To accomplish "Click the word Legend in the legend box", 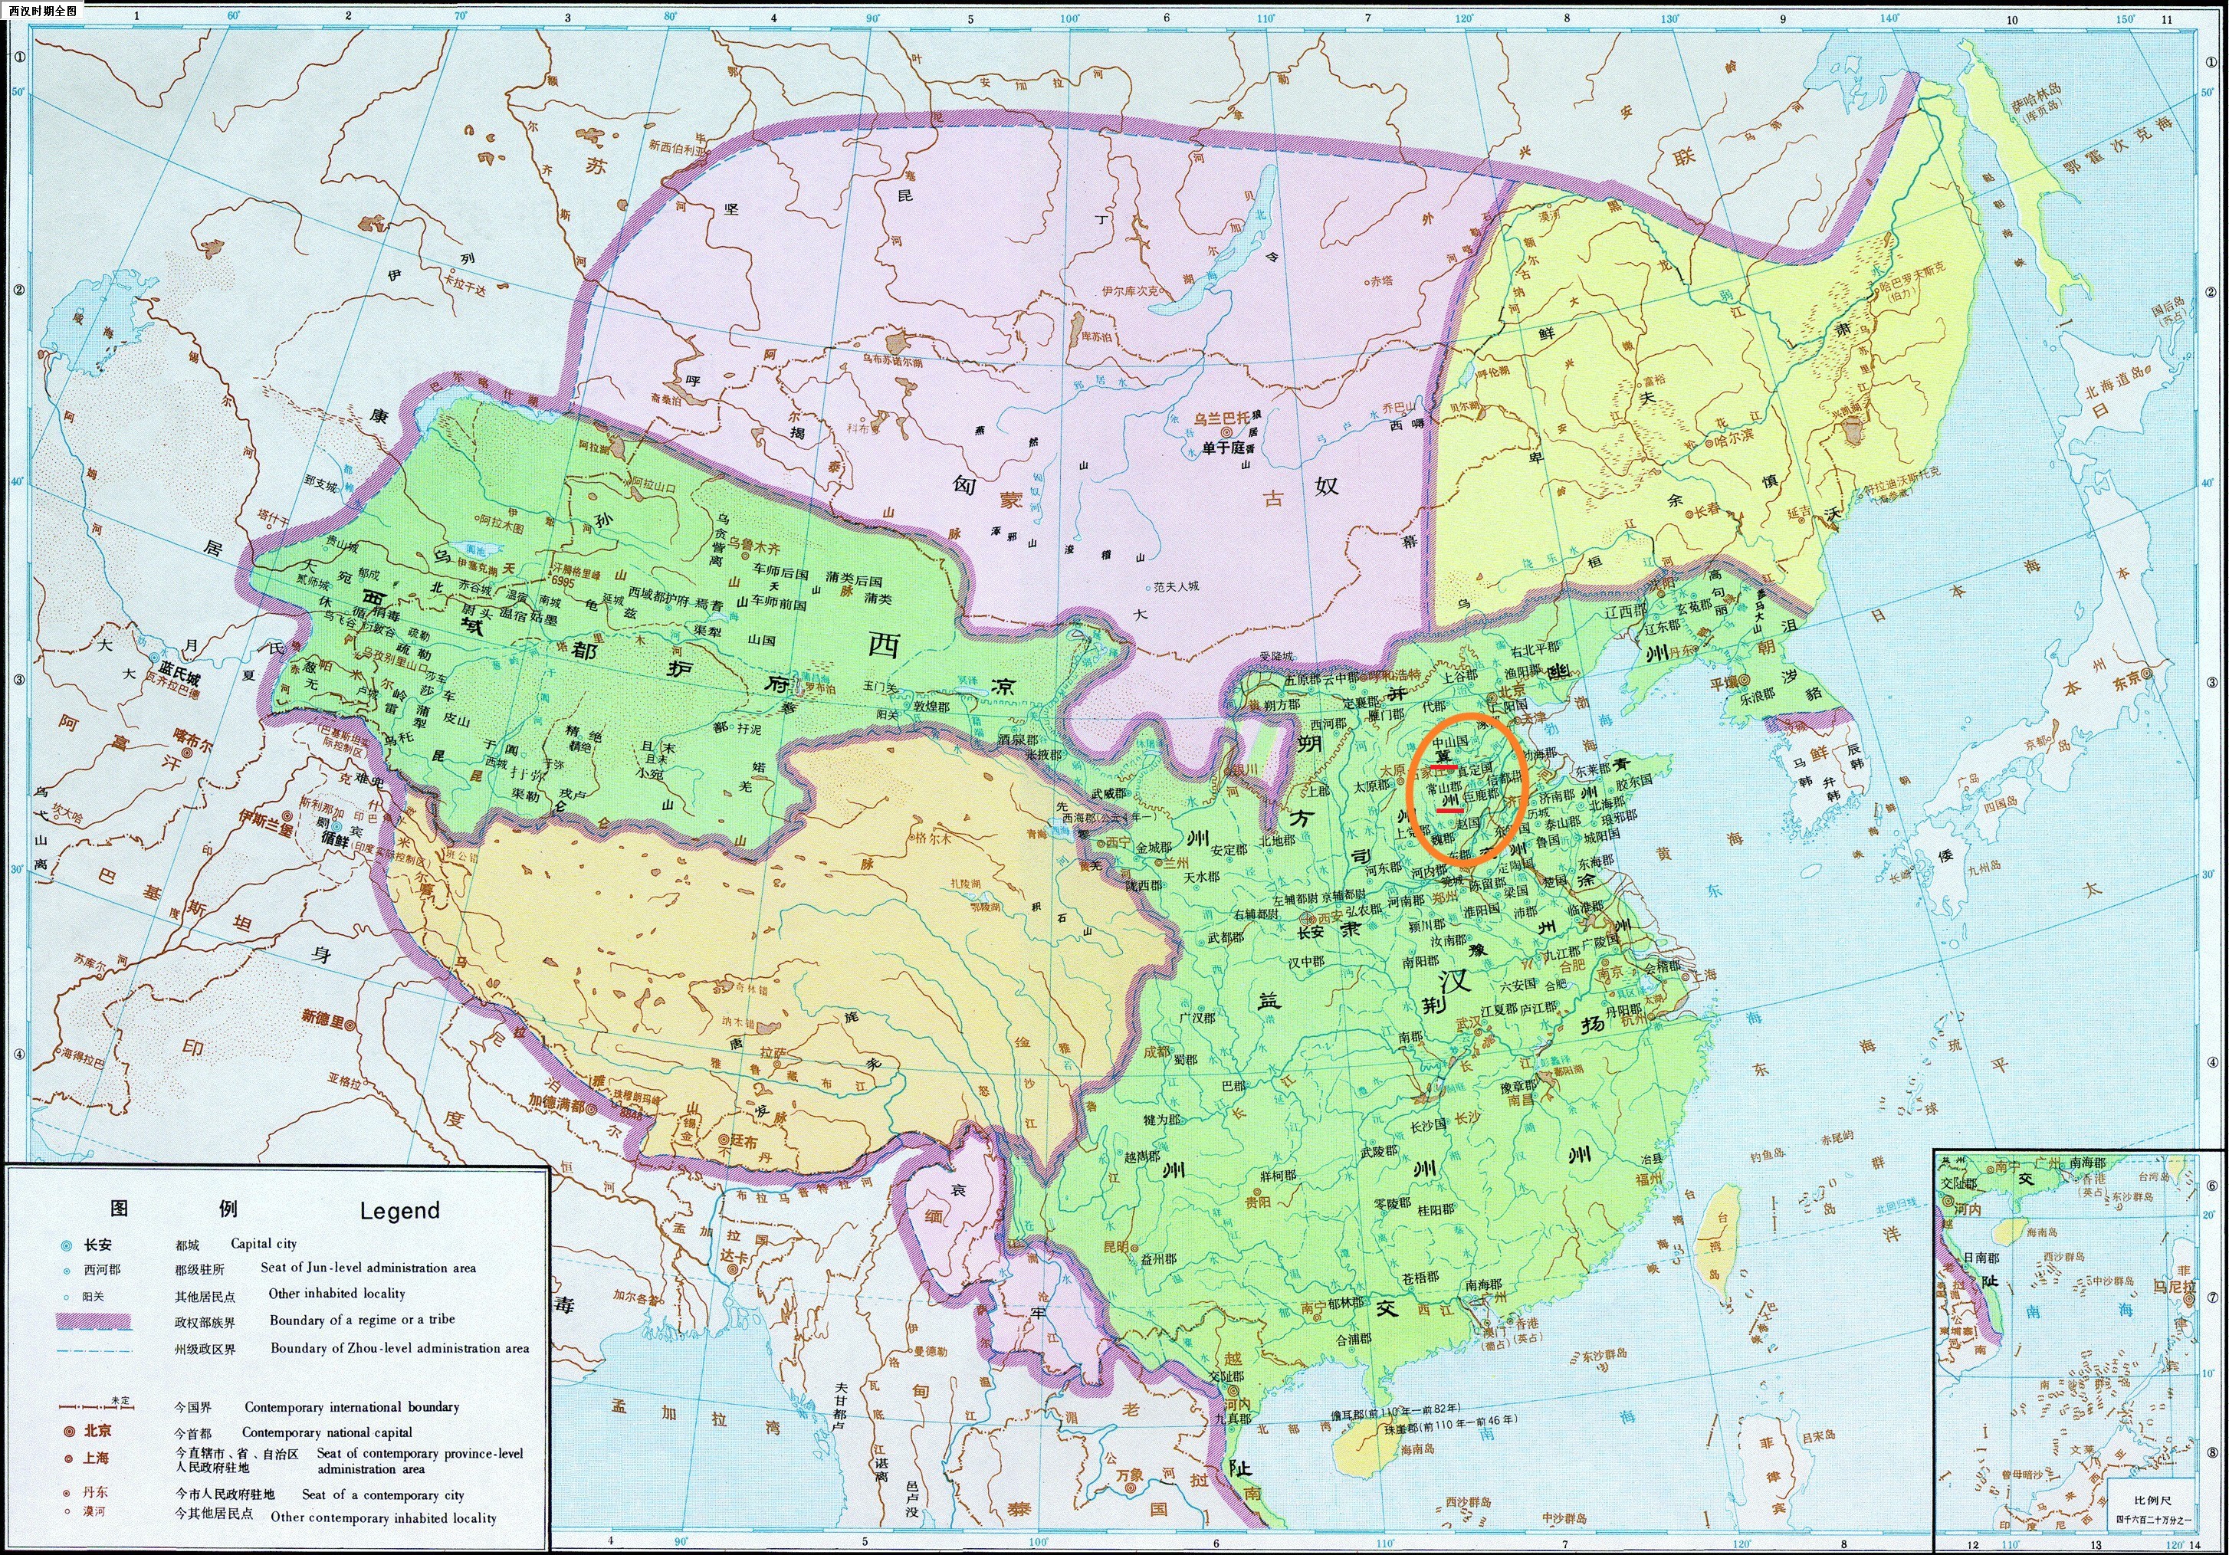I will click(x=399, y=1210).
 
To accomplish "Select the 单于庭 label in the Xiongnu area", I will click(x=1223, y=448).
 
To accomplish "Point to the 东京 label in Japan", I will click(x=2127, y=680).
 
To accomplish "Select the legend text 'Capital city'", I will click(x=263, y=1243).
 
